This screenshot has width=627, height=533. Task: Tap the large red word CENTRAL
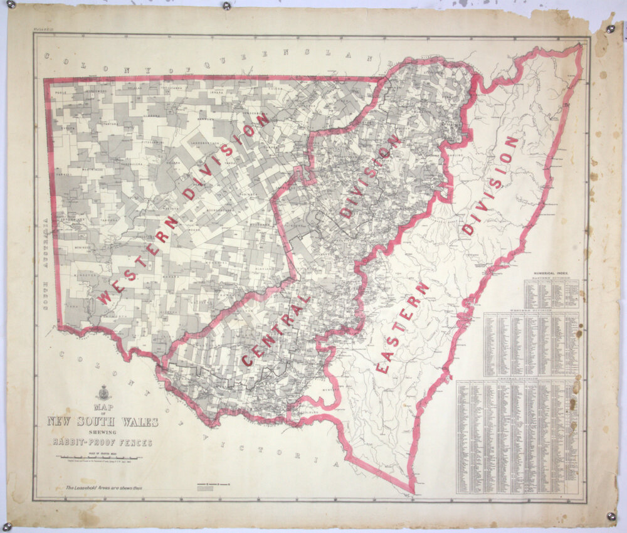point(276,330)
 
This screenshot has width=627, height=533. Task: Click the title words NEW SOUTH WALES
point(103,421)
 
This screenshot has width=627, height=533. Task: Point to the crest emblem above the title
point(103,392)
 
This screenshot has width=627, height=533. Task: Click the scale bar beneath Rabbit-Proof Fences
point(103,458)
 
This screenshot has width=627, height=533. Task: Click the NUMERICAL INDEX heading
point(551,275)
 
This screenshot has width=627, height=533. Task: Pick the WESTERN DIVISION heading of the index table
point(532,309)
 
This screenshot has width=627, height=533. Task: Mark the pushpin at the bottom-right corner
point(611,516)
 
